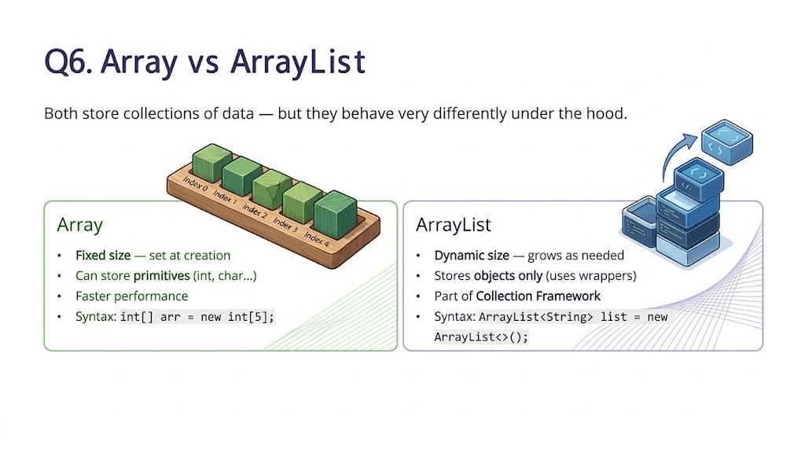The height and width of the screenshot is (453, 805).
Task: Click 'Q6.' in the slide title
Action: coord(68,61)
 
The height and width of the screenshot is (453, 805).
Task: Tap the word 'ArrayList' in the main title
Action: coord(299,61)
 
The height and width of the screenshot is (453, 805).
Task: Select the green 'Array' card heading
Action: coord(79,225)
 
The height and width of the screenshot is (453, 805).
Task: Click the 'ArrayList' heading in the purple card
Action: coord(453,225)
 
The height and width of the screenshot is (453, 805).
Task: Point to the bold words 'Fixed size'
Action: coord(103,256)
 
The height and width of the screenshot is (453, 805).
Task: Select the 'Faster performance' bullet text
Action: coord(131,296)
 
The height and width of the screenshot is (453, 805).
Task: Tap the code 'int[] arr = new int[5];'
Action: coord(198,317)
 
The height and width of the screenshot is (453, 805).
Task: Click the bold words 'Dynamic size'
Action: coord(469,256)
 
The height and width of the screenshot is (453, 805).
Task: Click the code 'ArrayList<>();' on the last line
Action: coord(481,337)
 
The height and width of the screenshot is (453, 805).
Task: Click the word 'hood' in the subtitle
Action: coord(608,113)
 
